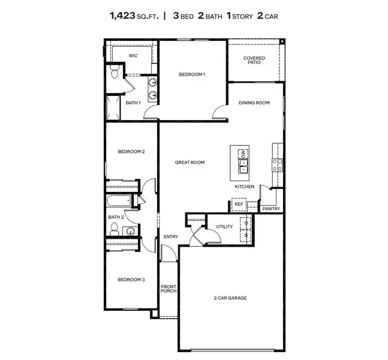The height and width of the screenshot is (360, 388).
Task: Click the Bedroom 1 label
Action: coord(192,74)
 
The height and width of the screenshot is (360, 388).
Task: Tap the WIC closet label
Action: coord(133,55)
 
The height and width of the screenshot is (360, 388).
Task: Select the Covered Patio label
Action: coord(254,61)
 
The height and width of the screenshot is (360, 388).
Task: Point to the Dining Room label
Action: coord(254,103)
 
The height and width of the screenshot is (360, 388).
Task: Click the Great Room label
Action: coord(190,162)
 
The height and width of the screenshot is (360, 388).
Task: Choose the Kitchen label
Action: coord(244,187)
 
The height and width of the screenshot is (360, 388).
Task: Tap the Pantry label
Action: coord(271,208)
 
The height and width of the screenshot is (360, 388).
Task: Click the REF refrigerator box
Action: coord(238,205)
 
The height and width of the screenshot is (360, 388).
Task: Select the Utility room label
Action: coord(225,227)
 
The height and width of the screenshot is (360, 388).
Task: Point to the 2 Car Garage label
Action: coord(230,298)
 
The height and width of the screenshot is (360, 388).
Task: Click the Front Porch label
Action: coord(169,289)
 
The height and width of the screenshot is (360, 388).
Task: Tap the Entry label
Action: coord(170,236)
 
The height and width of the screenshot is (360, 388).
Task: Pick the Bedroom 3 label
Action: coord(131,279)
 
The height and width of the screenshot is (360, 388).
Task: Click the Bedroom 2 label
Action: coord(131,152)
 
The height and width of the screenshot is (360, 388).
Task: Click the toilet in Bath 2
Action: coord(115,228)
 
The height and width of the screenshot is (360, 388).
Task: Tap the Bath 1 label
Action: coord(133,103)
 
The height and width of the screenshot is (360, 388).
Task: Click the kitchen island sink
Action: coord(244,169)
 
